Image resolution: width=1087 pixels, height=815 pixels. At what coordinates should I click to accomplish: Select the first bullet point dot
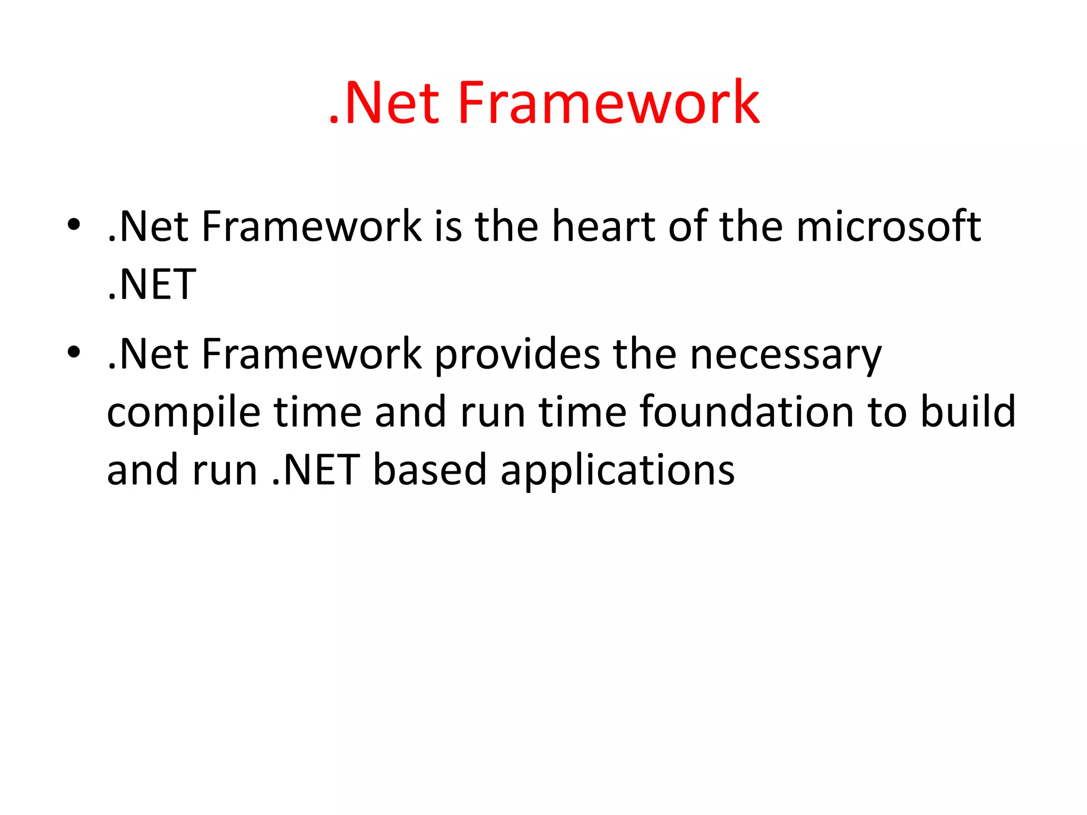(x=74, y=224)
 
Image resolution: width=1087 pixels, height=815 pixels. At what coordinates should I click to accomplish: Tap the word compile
(x=184, y=413)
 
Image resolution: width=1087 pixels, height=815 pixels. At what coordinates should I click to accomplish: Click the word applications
(x=618, y=471)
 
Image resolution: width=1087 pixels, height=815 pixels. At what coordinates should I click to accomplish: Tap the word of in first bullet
(x=688, y=227)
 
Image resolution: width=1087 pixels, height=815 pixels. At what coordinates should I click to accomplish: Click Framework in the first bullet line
(x=312, y=227)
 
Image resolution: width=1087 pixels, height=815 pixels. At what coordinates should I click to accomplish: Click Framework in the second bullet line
(x=312, y=354)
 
